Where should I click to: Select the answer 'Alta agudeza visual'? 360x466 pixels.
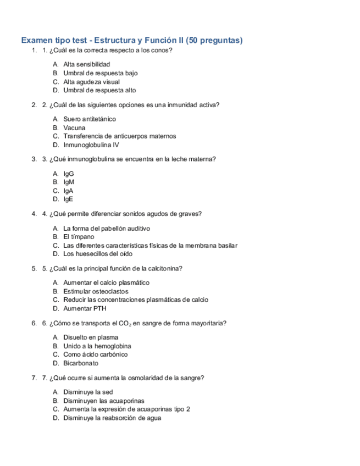click(x=91, y=82)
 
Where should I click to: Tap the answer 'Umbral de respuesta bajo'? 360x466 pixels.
click(x=100, y=73)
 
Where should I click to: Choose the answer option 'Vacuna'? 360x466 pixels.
click(x=74, y=127)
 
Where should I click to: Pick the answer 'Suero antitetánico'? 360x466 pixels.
click(x=90, y=119)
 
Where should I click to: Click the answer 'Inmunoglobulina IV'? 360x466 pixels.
click(x=91, y=145)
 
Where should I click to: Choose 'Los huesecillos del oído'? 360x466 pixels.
click(x=98, y=254)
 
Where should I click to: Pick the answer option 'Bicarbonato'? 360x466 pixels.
click(x=81, y=363)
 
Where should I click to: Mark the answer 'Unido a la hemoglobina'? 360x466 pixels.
click(x=97, y=346)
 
